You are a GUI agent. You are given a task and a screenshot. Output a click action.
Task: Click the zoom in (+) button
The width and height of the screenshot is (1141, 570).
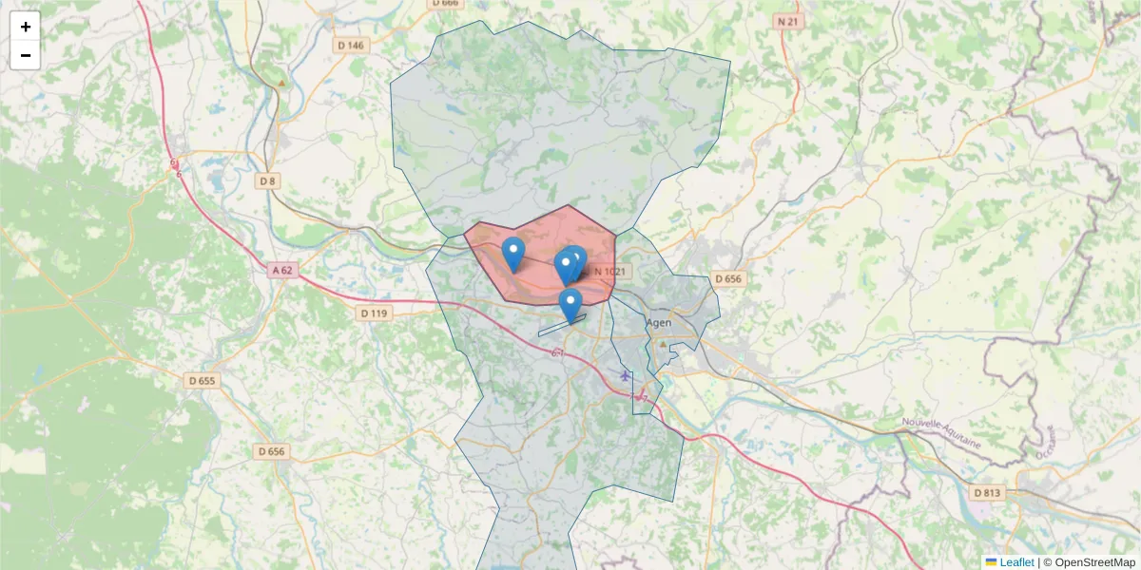(x=26, y=27)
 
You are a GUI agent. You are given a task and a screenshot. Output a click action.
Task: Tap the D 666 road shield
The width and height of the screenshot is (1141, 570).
(x=445, y=3)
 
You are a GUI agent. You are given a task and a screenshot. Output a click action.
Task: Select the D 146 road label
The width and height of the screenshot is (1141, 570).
(x=350, y=45)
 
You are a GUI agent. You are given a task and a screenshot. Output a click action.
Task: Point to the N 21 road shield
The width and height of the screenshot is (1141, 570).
(x=786, y=21)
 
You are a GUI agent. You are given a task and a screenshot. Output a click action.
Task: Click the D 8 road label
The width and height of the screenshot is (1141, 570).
(x=266, y=180)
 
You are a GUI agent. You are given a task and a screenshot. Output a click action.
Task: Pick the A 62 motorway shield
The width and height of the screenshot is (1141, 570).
(x=282, y=270)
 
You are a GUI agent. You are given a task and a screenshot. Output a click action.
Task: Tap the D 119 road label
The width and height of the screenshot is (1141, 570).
(x=376, y=313)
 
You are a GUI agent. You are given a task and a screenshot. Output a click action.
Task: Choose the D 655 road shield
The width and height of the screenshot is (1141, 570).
(x=203, y=381)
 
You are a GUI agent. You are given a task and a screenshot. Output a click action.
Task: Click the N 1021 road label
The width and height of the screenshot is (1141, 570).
(x=609, y=272)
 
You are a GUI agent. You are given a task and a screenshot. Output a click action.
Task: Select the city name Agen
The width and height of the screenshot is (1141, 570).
(x=659, y=323)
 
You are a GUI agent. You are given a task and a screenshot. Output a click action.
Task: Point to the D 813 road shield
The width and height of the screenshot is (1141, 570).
(x=987, y=492)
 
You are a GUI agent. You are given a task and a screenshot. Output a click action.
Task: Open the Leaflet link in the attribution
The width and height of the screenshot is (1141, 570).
(x=1016, y=562)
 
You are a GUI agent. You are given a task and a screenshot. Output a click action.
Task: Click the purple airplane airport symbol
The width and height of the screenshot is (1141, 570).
(x=625, y=375)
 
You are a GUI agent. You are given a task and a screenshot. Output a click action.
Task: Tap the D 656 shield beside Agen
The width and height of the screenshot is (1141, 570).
(x=726, y=278)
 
